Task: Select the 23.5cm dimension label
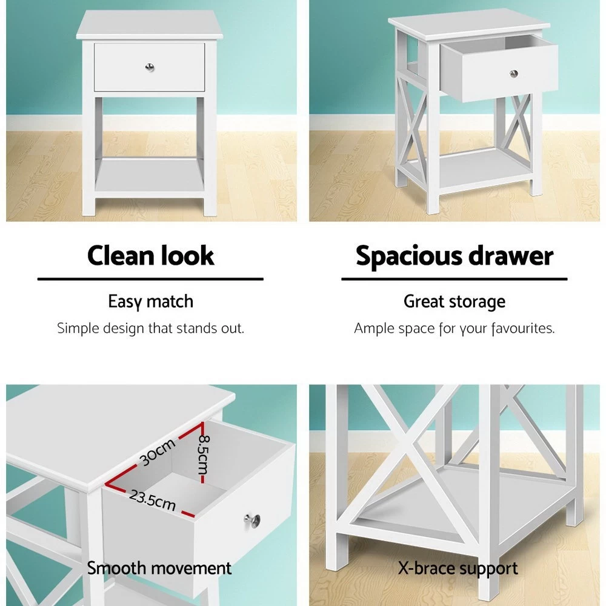152,501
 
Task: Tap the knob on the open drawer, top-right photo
514,73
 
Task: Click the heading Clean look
150,256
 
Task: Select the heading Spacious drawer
454,256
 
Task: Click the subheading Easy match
150,301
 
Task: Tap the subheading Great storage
454,301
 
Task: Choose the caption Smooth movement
159,568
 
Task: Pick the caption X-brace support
458,568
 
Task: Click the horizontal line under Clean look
150,279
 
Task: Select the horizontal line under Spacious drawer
454,279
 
